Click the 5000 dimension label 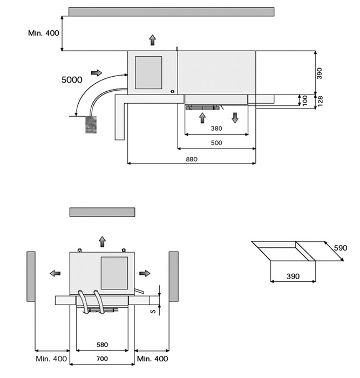pyautogui.click(x=71, y=80)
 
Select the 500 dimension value pyautogui.click(x=216, y=143)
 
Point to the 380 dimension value pyautogui.click(x=216, y=129)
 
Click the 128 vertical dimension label pyautogui.click(x=320, y=100)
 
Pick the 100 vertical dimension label pyautogui.click(x=305, y=100)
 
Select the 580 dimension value pyautogui.click(x=102, y=344)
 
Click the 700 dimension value pyautogui.click(x=102, y=359)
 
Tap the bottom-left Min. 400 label pyautogui.click(x=52, y=359)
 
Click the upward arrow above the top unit pyautogui.click(x=153, y=39)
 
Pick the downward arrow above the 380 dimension pyautogui.click(x=235, y=117)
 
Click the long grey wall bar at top pyautogui.click(x=172, y=11)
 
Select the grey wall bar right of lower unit pyautogui.click(x=173, y=276)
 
